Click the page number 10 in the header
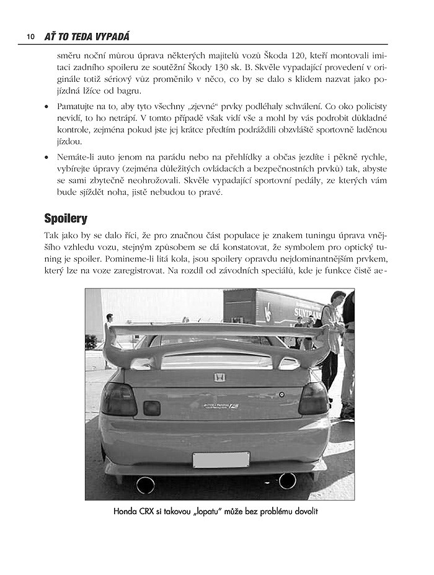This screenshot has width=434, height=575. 29,37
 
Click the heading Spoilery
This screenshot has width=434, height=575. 66,218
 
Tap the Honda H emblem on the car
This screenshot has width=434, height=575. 219,377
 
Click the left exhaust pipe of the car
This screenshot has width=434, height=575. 145,484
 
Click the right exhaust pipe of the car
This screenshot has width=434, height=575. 287,479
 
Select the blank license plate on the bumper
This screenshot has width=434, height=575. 221,460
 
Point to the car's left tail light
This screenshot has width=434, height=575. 119,399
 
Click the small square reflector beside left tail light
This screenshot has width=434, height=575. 151,408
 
